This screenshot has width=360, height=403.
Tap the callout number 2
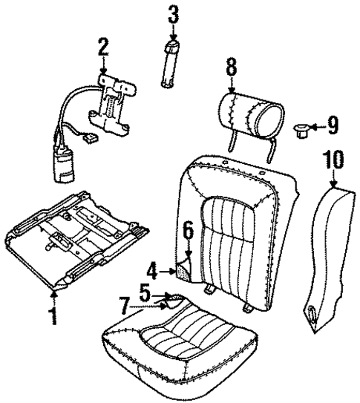[x=103, y=48]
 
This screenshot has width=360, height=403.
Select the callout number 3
[x=172, y=14]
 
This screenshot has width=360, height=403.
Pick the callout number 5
[x=146, y=292]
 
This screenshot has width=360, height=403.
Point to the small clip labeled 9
[x=301, y=130]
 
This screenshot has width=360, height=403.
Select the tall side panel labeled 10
[x=324, y=252]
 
